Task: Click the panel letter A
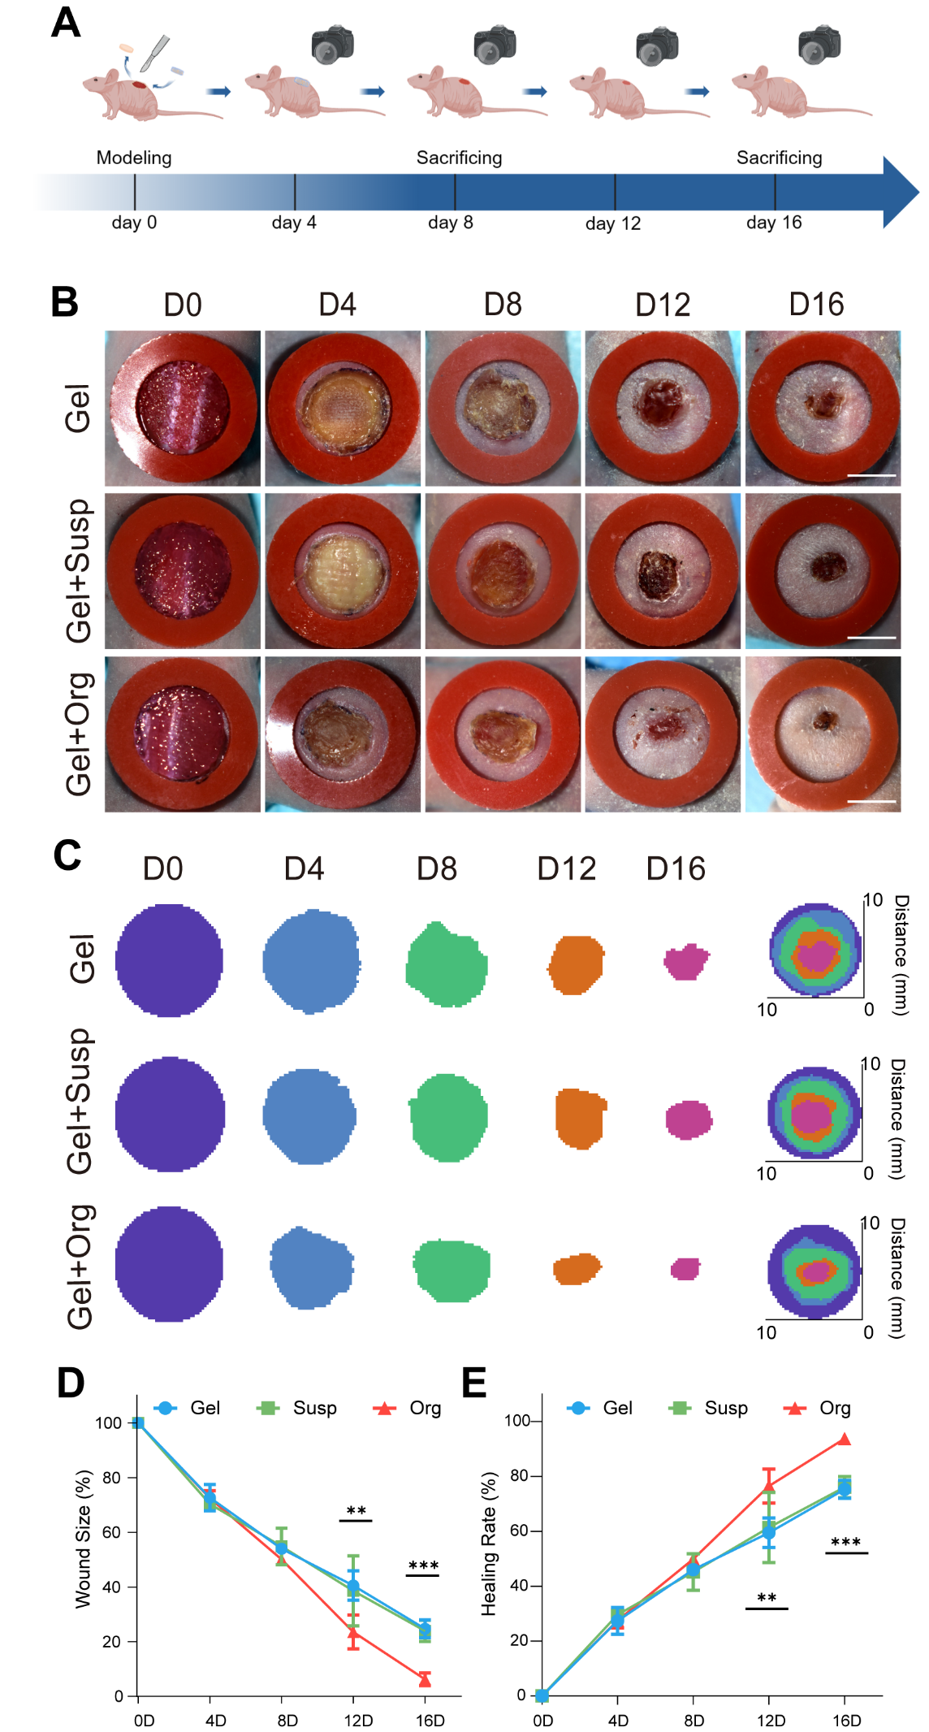click(66, 23)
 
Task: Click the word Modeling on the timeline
click(134, 158)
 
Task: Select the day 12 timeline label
click(613, 223)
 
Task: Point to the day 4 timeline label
click(294, 223)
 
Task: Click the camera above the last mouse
click(819, 45)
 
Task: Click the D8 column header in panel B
click(503, 305)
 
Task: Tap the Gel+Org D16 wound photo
click(823, 734)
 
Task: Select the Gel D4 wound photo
click(343, 408)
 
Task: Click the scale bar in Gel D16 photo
click(871, 475)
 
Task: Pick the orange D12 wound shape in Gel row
click(576, 964)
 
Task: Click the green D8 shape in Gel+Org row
click(452, 1270)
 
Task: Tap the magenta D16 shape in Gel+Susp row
click(689, 1119)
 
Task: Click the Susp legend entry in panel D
click(297, 1408)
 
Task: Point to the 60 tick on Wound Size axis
click(112, 1532)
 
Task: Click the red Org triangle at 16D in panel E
click(845, 1440)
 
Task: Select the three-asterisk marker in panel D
click(423, 1565)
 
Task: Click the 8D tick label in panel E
click(694, 1721)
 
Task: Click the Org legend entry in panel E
click(818, 1408)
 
